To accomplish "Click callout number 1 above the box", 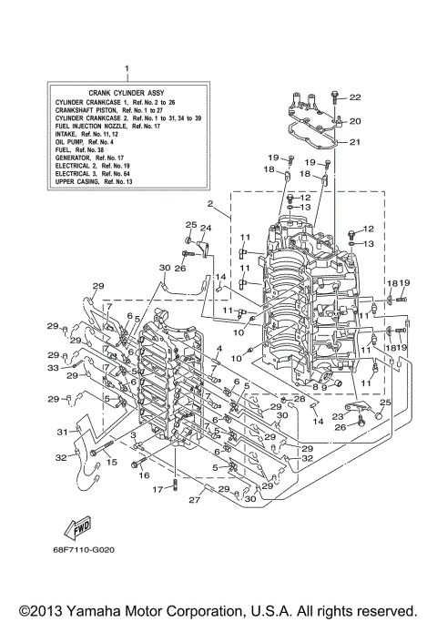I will [127, 68].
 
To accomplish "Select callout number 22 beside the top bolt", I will [355, 97].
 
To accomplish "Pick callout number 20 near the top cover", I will [355, 120].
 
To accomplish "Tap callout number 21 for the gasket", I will [355, 141].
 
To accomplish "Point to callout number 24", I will [206, 227].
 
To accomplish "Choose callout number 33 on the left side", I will [53, 368].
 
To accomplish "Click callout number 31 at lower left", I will [63, 432].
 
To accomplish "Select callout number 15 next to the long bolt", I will [112, 463].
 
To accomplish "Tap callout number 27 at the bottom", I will [194, 500].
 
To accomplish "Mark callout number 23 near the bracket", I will [336, 416].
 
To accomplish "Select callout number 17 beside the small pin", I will [158, 488].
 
